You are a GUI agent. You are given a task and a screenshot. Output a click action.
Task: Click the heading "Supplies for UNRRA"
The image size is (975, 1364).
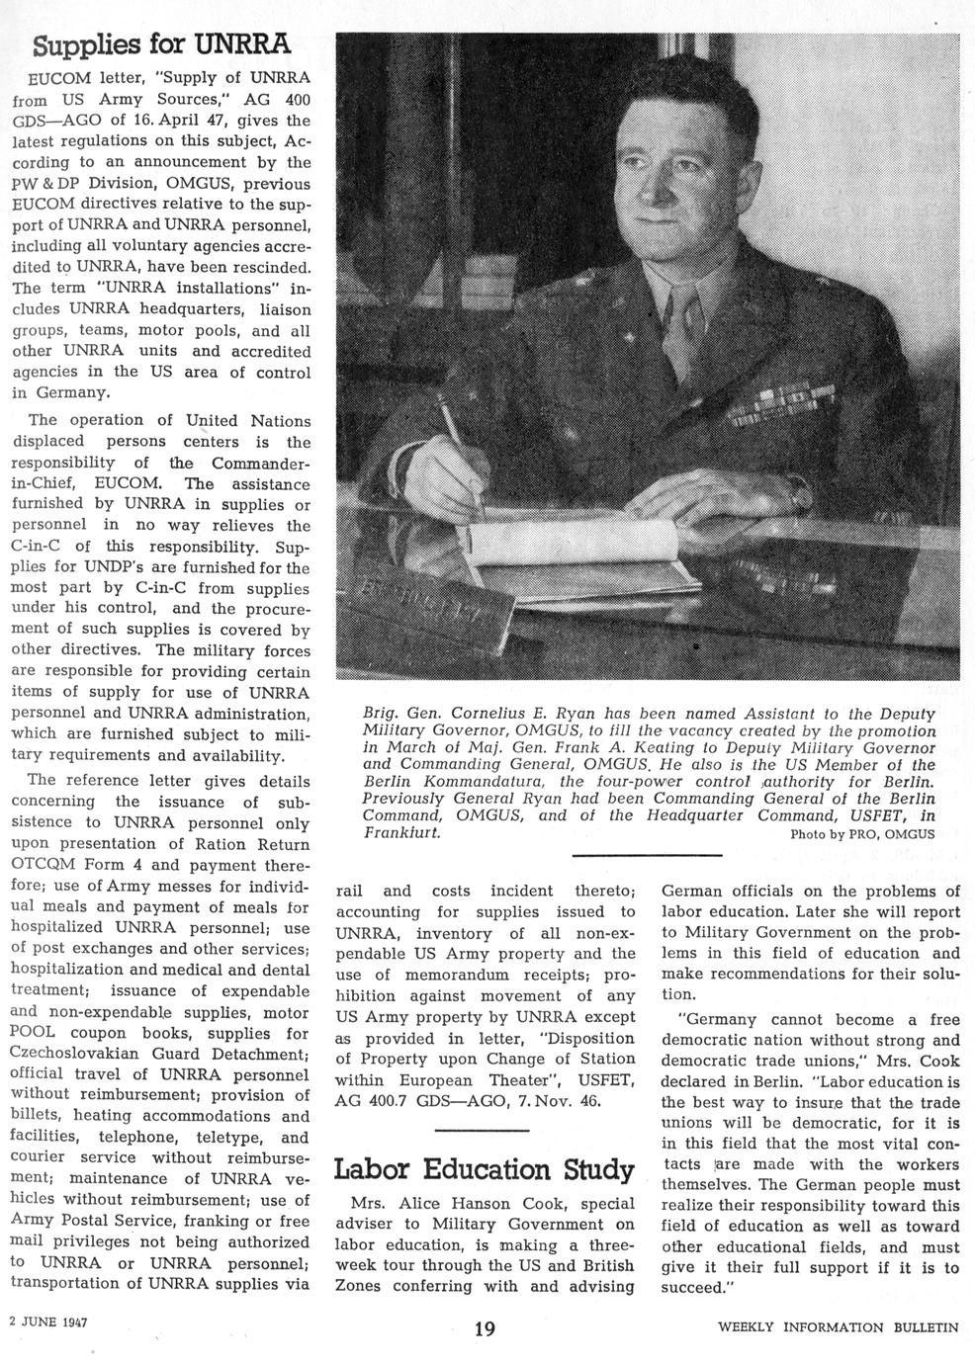click(160, 44)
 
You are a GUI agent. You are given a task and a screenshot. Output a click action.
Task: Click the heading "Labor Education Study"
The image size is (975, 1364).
click(485, 1170)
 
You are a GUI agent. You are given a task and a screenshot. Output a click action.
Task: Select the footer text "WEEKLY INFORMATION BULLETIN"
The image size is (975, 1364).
click(839, 1327)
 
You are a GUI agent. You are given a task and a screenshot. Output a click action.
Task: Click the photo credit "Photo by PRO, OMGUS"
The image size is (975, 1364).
click(862, 834)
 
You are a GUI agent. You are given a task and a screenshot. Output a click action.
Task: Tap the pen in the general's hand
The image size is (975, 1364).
click(460, 453)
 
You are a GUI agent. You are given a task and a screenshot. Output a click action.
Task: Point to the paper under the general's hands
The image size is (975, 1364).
click(554, 539)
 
